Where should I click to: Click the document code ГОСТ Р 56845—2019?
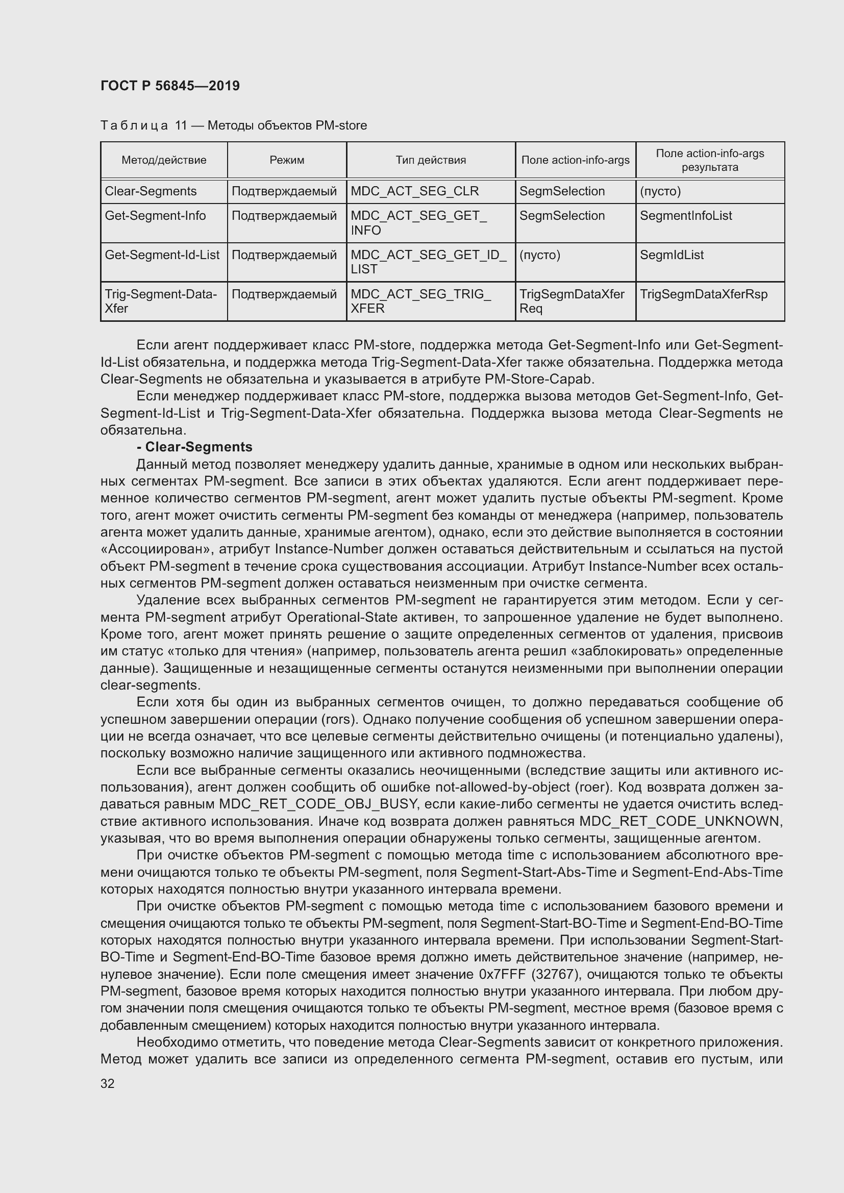pos(170,86)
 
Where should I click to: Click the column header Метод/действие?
pos(164,160)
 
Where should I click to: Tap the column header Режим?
pos(287,160)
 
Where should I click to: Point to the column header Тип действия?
pos(430,160)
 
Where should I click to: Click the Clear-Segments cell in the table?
pos(151,191)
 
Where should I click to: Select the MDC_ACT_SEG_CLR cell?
pos(415,191)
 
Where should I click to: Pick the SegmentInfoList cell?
pos(685,216)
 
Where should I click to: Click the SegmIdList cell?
pos(672,255)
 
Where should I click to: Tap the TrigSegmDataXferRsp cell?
pos(703,294)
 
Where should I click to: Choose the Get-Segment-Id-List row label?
pos(162,255)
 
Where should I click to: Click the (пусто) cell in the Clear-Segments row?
pos(660,191)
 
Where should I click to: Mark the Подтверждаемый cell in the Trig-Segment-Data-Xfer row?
pos(284,294)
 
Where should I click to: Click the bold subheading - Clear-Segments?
pos(194,447)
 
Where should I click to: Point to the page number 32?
pos(108,1083)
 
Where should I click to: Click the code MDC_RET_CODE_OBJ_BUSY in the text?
pos(318,804)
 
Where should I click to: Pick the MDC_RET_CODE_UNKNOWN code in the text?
pos(680,822)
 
